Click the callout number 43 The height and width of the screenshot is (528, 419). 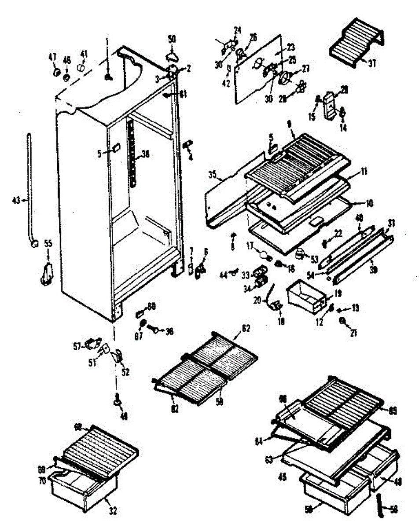point(16,200)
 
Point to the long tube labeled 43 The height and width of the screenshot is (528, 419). point(29,185)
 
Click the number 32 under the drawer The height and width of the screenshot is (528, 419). point(113,510)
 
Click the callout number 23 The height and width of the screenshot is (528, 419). point(290,47)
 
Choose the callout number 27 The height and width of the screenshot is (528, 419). point(305,69)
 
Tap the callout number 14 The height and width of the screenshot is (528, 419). point(343,128)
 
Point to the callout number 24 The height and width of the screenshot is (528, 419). point(238,31)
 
